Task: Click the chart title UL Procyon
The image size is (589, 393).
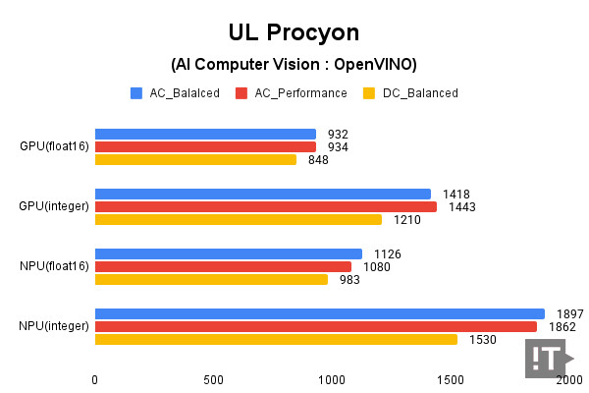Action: point(294,31)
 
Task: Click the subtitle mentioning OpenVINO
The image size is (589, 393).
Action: point(294,65)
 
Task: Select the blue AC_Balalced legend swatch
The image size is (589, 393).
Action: point(136,93)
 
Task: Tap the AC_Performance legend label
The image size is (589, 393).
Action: point(300,93)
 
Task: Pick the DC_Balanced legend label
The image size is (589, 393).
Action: point(420,93)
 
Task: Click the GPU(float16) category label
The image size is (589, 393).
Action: point(55,147)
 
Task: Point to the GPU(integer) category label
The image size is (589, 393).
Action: point(55,206)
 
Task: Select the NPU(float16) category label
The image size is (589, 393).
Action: point(55,266)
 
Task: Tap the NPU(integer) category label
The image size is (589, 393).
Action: point(55,326)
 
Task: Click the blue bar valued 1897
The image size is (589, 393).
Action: point(319,314)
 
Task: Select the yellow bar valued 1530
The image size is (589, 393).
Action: point(276,339)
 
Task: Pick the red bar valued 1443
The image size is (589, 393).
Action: point(265,206)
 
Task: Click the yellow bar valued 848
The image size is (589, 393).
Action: point(195,159)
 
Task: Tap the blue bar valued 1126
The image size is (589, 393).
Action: point(228,254)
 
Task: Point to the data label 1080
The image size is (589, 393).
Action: point(377,266)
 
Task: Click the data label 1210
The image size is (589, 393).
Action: point(407,219)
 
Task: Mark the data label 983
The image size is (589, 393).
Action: point(349,279)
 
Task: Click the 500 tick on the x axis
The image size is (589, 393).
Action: point(214,380)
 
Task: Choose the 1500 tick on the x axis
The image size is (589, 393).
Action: point(451,380)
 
